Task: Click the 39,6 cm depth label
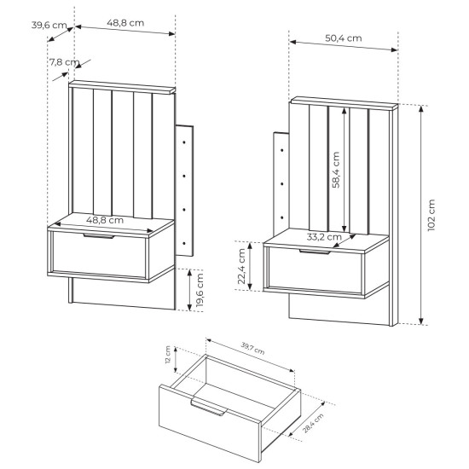pos(49,25)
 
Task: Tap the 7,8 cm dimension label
pos(64,62)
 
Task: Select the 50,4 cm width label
pos(344,38)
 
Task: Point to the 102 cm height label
pos(431,215)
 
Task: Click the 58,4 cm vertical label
pos(336,170)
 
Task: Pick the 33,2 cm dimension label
pos(324,237)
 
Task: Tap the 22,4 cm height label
pos(241,266)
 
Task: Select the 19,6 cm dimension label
pos(200,290)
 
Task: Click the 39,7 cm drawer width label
pos(252,348)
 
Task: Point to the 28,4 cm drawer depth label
pos(313,423)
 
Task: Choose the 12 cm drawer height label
pos(168,355)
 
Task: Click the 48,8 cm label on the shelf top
pos(105,220)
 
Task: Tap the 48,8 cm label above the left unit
pos(125,23)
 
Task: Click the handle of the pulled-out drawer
pos(208,407)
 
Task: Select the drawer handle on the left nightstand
pos(99,236)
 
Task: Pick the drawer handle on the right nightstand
pos(316,252)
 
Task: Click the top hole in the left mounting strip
pos(184,142)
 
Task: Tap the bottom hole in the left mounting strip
pos(184,244)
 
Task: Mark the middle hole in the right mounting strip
pos(282,183)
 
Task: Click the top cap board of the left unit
pos(122,87)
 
